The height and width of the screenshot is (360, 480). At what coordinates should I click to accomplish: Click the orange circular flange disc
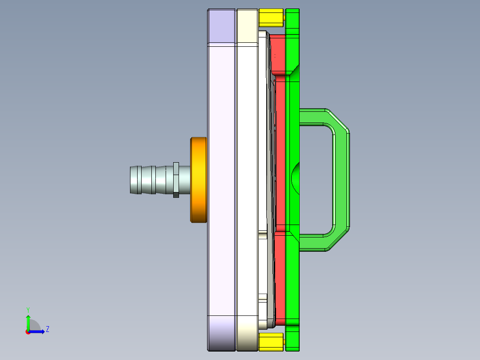(199, 180)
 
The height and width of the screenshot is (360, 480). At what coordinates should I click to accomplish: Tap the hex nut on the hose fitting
(176, 180)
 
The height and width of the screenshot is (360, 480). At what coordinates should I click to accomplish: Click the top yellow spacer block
(271, 18)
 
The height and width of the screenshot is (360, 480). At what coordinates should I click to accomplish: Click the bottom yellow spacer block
(271, 341)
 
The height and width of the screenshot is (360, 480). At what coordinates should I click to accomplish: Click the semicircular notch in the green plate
(296, 178)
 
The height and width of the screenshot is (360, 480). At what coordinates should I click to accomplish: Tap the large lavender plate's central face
(221, 178)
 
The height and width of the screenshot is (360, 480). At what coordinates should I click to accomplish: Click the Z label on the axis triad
(47, 329)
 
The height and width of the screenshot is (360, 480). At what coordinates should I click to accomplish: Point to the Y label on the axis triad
(28, 309)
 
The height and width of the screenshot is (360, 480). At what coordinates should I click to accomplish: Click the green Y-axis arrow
(28, 322)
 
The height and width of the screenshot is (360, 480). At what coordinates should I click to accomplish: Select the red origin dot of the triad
(28, 332)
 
